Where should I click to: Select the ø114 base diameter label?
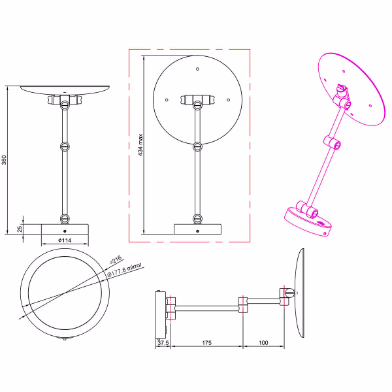(x=64, y=240)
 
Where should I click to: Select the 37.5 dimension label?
(x=163, y=342)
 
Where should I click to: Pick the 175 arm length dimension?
(x=206, y=342)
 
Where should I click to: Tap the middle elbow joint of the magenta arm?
(x=332, y=142)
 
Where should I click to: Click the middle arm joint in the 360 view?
(x=64, y=146)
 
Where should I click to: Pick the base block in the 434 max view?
(x=197, y=229)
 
